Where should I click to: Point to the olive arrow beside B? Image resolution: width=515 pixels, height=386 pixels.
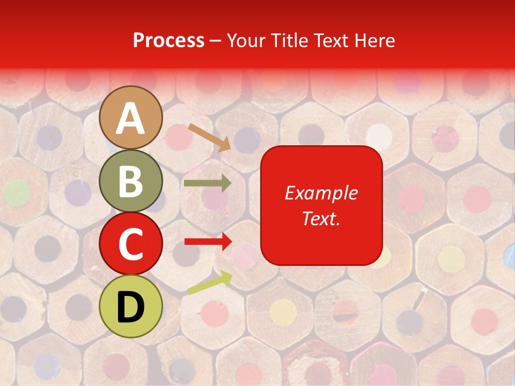pos(208,183)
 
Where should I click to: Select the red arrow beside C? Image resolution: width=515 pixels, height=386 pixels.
pos(208,242)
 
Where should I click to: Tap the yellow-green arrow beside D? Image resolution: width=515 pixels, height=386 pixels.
pos(210,283)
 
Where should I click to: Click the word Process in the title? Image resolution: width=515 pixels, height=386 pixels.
pos(168,41)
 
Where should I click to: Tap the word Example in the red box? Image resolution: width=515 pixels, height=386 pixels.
pos(321,193)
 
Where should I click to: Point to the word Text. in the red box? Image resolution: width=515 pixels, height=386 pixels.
pos(321,218)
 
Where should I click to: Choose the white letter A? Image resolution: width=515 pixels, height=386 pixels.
pos(130,119)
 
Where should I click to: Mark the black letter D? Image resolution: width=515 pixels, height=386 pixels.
pos(130,307)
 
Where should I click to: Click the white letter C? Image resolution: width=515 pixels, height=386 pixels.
pos(130,244)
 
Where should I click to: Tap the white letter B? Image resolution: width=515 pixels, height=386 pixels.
pos(130,182)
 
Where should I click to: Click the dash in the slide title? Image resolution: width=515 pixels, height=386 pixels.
pos(216,41)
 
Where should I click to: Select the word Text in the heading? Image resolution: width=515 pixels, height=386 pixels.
pos(332,41)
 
